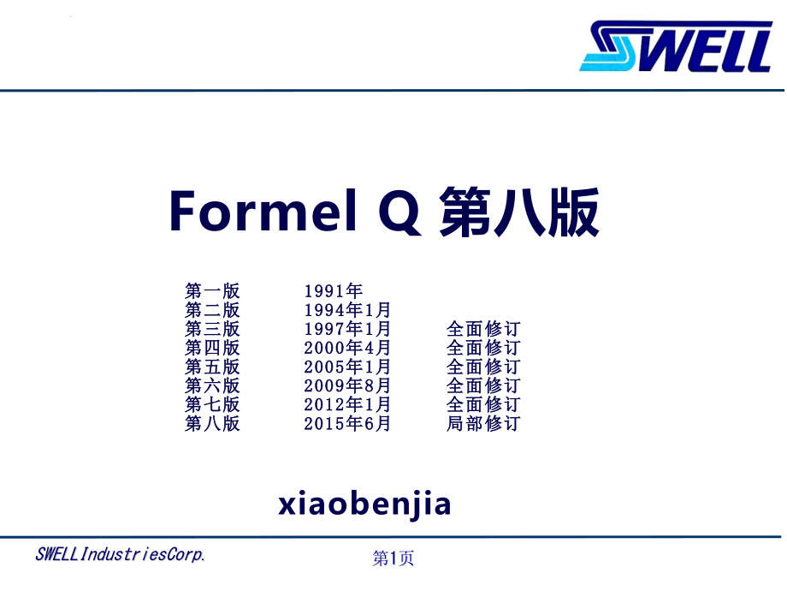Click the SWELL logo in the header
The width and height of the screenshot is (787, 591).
[x=676, y=45]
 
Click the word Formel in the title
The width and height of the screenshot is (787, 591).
[x=263, y=211]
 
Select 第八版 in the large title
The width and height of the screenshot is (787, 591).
[x=519, y=212]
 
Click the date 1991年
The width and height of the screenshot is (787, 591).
[x=334, y=291]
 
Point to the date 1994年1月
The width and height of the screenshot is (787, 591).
[x=347, y=310]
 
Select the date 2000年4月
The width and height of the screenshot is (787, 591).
[x=347, y=348]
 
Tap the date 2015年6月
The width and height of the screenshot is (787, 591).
[x=347, y=424]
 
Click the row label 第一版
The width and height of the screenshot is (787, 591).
[x=212, y=291]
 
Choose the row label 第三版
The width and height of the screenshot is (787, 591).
[x=212, y=329]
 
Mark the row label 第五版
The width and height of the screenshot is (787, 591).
[x=212, y=367]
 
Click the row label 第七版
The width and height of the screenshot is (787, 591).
[x=212, y=404]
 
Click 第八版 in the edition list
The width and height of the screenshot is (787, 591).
[x=212, y=424]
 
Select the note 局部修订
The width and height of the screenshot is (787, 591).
[x=483, y=424]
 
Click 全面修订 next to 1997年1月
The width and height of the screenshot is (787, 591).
[x=483, y=329]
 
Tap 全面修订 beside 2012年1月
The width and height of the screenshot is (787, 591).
[x=483, y=404]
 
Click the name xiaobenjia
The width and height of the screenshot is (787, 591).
[x=365, y=504]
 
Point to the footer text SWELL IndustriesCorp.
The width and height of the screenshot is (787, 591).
[x=121, y=554]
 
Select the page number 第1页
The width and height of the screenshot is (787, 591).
[x=393, y=558]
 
